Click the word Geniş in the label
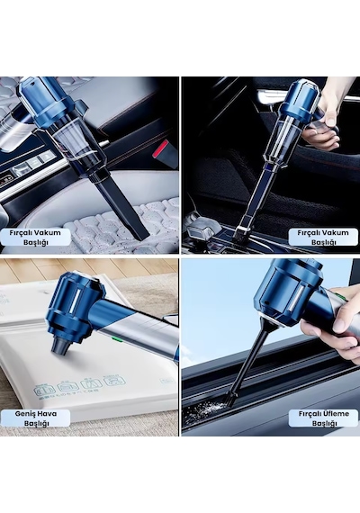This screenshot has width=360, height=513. tap(26, 413)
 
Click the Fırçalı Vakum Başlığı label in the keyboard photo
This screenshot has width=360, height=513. tap(35, 238)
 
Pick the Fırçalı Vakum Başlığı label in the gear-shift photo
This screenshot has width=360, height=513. tap(323, 238)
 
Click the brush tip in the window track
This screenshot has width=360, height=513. tap(231, 399)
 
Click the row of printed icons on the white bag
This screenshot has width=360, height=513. tap(80, 385)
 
